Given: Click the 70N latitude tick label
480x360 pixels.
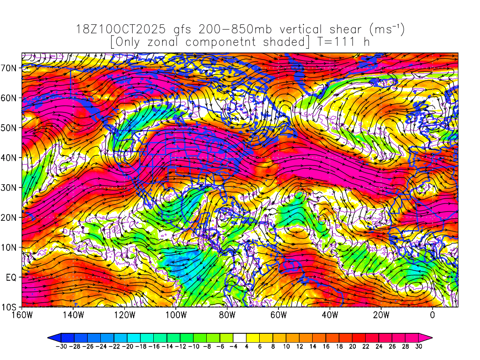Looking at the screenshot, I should (x=10, y=67).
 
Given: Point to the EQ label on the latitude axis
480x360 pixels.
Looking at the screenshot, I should (x=12, y=277).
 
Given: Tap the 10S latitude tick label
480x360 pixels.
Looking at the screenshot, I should (x=10, y=307).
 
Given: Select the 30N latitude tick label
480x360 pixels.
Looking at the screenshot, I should (x=10, y=187).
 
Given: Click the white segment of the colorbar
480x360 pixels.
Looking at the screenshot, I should (x=240, y=337).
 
